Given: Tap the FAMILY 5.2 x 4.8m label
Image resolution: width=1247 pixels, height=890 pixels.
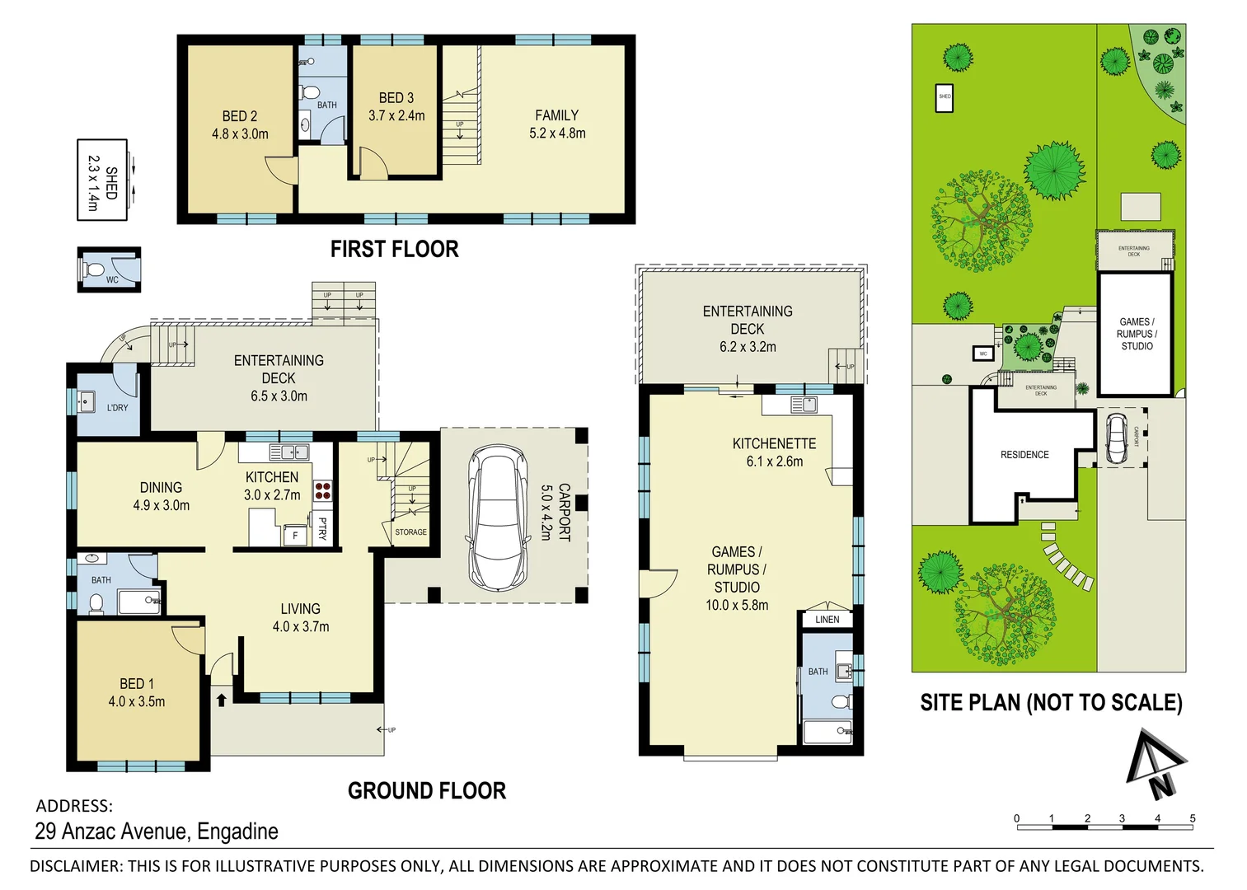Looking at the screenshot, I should tap(557, 124).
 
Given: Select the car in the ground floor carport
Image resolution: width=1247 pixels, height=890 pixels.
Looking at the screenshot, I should tap(498, 518).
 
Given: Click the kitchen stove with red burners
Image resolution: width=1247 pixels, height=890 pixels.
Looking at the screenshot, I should tap(322, 492).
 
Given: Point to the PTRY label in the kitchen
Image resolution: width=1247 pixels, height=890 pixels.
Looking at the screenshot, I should tap(322, 529).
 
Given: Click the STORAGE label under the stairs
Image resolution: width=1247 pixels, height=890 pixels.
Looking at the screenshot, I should tap(410, 532).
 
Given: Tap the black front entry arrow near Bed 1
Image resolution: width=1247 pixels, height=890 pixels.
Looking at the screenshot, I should tap(221, 700).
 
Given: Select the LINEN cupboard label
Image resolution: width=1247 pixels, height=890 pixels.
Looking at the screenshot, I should tap(827, 620).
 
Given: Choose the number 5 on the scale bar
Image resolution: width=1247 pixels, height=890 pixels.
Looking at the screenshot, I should tap(1192, 818).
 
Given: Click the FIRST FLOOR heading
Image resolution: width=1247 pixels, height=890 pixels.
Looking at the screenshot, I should tap(394, 249).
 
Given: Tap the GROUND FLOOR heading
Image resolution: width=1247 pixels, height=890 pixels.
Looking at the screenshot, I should tap(426, 791).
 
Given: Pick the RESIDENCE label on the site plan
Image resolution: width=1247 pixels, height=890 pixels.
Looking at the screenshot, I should tap(1024, 455).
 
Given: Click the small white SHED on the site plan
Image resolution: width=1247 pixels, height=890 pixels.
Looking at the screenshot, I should tap(945, 97).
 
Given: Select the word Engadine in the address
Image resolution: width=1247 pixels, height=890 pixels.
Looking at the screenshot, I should tap(237, 831).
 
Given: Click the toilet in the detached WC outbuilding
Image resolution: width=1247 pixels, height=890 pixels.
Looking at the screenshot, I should tap(96, 269).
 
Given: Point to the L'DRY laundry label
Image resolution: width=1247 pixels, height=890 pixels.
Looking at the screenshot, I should tap(117, 408).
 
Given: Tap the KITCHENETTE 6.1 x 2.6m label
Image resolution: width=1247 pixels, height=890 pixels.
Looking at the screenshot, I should tap(774, 452).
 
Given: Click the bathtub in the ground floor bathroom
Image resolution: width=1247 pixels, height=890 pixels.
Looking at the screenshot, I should tap(138, 602).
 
